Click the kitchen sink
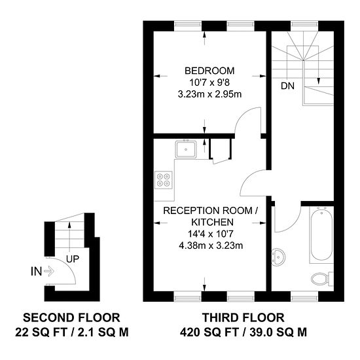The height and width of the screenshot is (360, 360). [x=187, y=150]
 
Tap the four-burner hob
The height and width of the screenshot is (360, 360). [x=164, y=179]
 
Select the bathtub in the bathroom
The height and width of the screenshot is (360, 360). [x=321, y=235]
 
